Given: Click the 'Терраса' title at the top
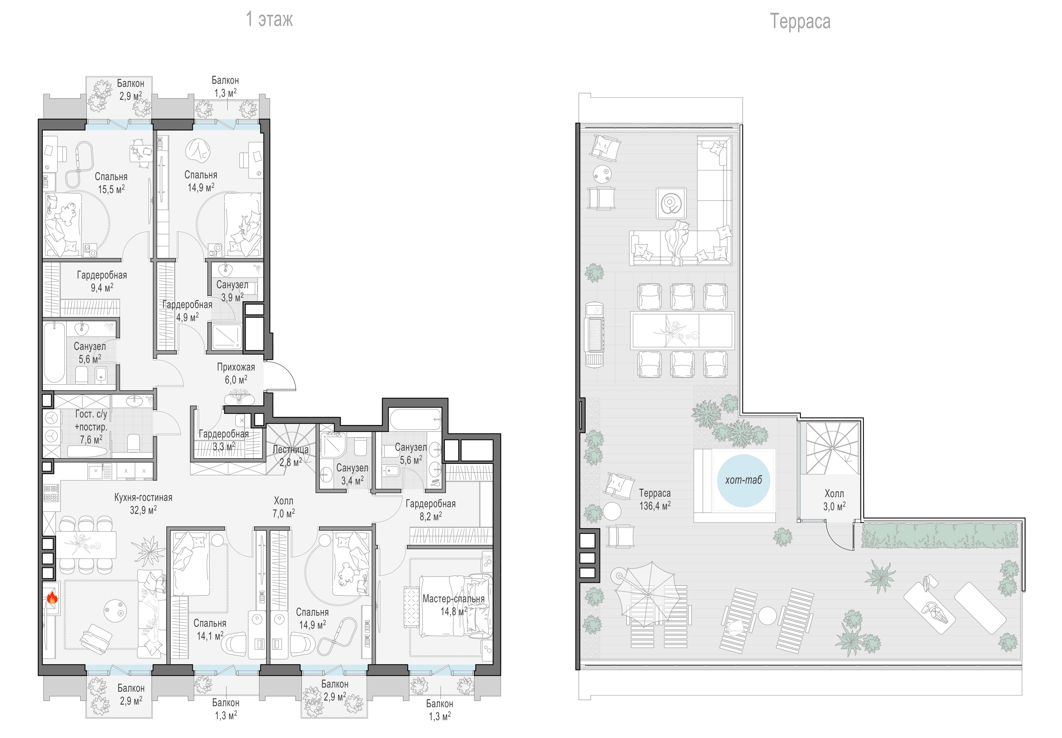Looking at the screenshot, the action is [800, 21].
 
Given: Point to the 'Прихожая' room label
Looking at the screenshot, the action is [236, 367].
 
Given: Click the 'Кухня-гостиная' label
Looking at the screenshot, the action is [143, 498].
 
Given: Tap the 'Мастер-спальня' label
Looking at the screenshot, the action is [453, 599].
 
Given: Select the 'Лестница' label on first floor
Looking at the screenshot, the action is [290, 449].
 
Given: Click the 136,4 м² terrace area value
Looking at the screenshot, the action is [655, 506].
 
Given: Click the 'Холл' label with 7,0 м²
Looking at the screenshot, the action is [283, 501].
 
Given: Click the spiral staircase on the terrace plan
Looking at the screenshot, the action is [832, 448].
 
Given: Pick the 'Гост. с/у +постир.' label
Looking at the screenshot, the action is [91, 420].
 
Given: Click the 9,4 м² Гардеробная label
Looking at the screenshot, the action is [102, 281].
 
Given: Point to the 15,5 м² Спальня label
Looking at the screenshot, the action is [111, 183].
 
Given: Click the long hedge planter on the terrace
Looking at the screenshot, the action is [939, 536].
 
